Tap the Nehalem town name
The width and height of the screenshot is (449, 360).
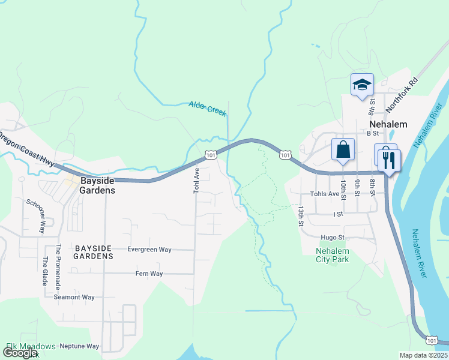point(384,124)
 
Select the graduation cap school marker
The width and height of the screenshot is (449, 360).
point(362,85)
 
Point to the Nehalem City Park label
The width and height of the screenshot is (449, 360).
point(332,255)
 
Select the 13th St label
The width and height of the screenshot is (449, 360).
point(300,215)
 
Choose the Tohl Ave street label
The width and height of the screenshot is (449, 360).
point(196,180)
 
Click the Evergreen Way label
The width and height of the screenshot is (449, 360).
point(149,250)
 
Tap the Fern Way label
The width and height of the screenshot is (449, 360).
point(149,274)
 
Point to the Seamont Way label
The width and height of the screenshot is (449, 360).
point(74,297)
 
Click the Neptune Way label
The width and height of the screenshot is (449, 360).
point(79,346)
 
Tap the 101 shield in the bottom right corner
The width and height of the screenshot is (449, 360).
point(432,340)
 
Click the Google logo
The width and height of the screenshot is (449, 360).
point(20,353)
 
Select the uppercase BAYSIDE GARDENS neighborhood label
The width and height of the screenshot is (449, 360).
point(93,252)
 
